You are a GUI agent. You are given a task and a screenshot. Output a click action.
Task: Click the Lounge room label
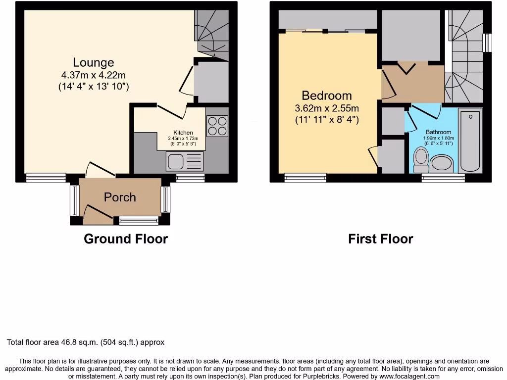(94, 62)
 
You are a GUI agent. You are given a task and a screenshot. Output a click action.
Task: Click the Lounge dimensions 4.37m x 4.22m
(94, 75)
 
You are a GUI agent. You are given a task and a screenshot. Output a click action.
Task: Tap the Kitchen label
(183, 133)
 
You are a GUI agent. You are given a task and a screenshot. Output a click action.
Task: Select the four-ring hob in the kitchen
(217, 126)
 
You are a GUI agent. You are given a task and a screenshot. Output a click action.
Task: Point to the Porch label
(120, 197)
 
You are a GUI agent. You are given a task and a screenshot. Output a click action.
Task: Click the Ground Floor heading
(126, 239)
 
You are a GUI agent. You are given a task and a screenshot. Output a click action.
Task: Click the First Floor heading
(380, 239)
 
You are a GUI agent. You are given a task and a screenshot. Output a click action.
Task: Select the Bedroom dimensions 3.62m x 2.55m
(327, 108)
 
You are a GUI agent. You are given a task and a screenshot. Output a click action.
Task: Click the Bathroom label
(439, 132)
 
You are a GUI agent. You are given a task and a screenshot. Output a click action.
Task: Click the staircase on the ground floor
(212, 30)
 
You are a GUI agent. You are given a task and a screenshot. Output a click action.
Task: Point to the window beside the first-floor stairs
(488, 43)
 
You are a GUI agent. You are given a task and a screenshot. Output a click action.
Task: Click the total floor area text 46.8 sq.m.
(86, 342)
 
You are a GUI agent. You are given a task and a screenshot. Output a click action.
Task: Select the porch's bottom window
(139, 220)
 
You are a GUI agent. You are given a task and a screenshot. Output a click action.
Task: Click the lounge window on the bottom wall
(46, 178)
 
